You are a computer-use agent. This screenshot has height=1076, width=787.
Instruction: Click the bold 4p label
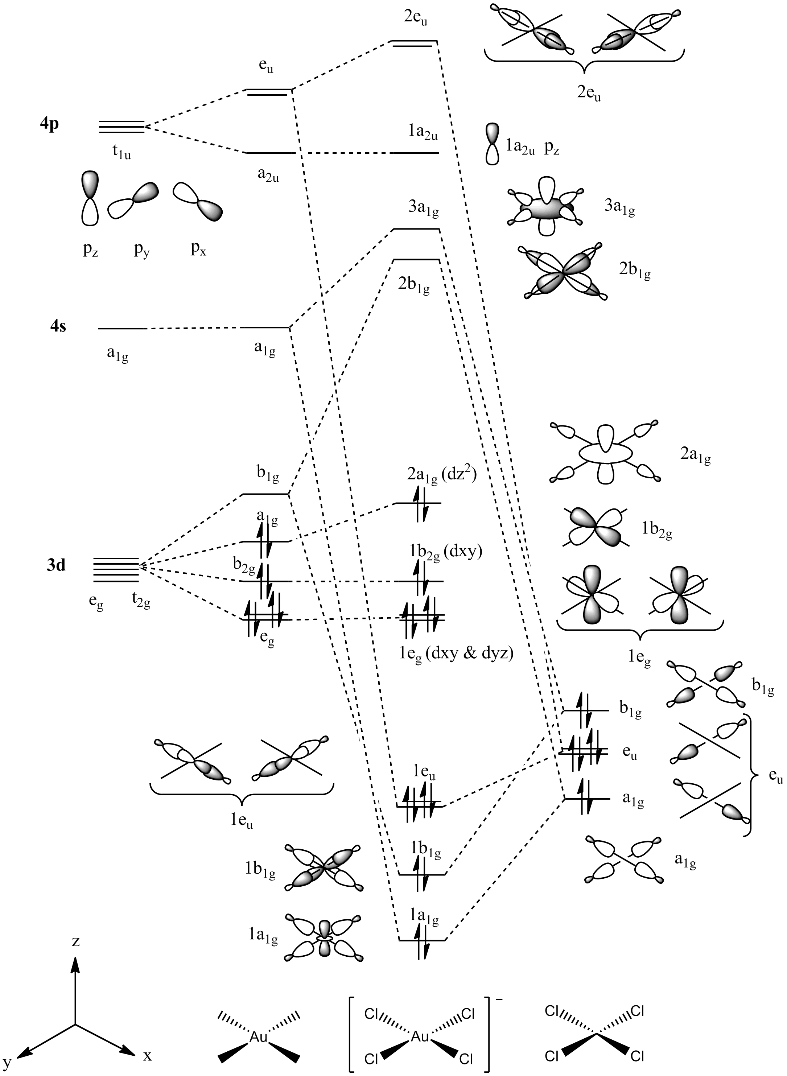pyautogui.click(x=50, y=124)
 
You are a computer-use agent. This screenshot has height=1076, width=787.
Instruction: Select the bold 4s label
pyautogui.click(x=58, y=327)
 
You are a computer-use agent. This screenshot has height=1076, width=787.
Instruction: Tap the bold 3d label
pyautogui.click(x=56, y=565)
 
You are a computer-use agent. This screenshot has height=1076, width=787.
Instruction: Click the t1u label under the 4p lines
pyautogui.click(x=121, y=152)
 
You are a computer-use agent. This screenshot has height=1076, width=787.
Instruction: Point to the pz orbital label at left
pyautogui.click(x=90, y=250)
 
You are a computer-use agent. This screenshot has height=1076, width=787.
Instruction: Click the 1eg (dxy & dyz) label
pyautogui.click(x=456, y=655)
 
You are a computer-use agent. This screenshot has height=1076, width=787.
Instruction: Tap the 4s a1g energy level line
pyautogui.click(x=122, y=329)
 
